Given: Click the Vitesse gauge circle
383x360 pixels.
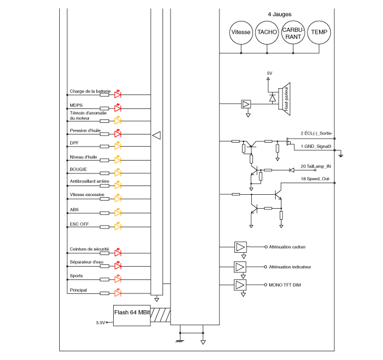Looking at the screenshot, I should (241, 32).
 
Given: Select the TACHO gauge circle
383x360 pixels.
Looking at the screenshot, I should (267, 32).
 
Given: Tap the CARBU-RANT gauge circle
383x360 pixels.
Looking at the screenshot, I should (293, 32).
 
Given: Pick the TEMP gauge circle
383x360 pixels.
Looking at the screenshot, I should (319, 32).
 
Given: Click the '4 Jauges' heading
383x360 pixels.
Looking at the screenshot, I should (279, 14).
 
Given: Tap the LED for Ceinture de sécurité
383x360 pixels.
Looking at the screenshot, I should (117, 253).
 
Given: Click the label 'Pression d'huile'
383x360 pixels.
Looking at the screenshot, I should (85, 130).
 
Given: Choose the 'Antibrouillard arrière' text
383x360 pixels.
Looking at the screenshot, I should (89, 181).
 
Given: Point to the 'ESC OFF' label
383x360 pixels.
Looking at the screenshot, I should (79, 223).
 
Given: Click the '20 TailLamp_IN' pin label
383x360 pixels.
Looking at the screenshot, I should (315, 166).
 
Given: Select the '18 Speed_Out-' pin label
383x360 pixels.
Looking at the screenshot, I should (315, 179).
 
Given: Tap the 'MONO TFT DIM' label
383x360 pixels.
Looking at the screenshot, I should (285, 285).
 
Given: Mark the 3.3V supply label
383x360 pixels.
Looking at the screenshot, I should (100, 322).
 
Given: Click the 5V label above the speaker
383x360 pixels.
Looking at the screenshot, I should (269, 73).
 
